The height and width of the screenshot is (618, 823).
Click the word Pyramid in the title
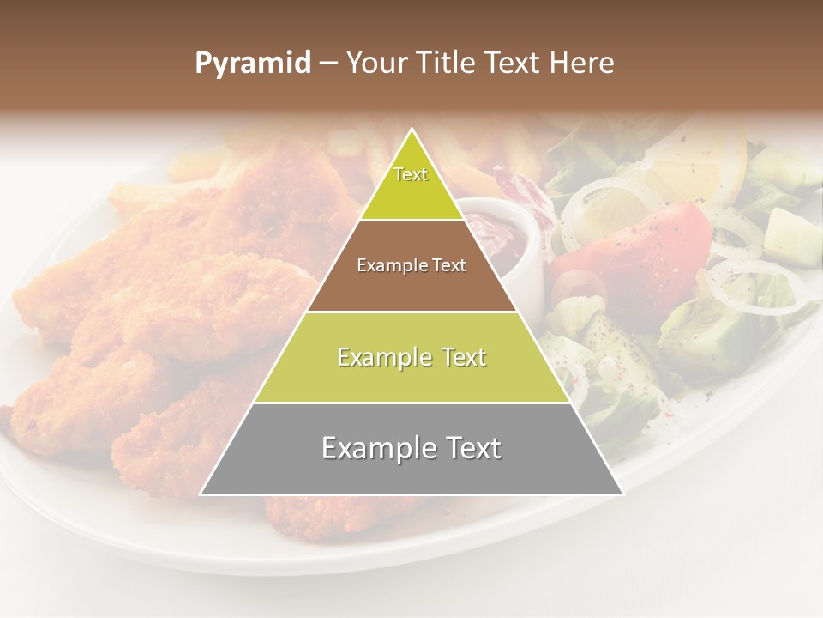(252, 64)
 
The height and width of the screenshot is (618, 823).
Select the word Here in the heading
(583, 63)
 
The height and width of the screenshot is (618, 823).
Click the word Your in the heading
(375, 63)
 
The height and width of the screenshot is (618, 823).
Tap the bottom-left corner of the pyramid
(201, 494)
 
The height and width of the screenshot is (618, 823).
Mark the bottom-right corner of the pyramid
(623, 494)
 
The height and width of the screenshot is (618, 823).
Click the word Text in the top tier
(411, 174)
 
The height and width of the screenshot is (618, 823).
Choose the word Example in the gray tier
(370, 448)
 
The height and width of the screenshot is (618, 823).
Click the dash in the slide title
(328, 63)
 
